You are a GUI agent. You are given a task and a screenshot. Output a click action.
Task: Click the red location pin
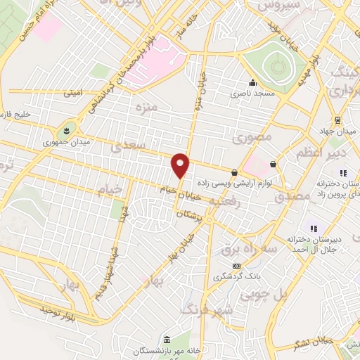tap(181, 165)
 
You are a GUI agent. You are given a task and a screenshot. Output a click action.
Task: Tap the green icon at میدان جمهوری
tap(66, 130)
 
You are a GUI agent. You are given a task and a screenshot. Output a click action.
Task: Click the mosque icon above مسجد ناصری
tap(252, 82)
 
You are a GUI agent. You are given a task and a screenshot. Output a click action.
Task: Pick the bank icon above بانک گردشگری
tap(237, 266)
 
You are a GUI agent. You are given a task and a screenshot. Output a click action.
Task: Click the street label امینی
tap(72, 92)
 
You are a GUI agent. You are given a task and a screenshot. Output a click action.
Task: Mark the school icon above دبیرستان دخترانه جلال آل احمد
tap(314, 228)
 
